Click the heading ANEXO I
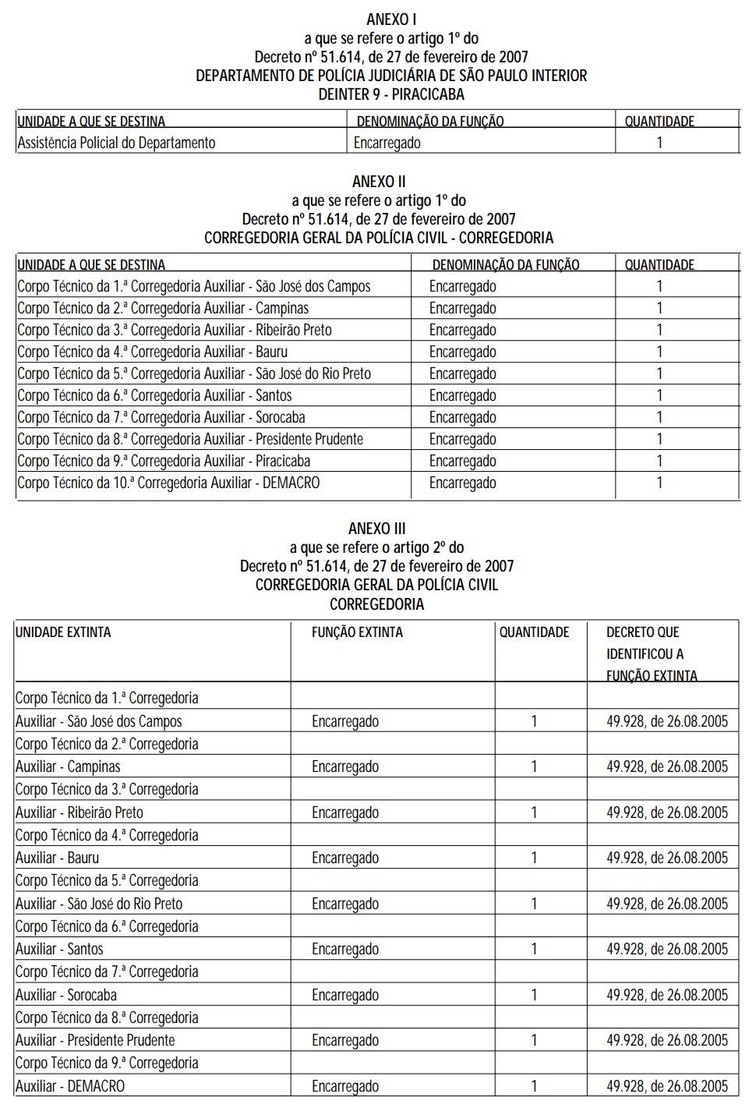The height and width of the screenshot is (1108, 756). pos(391,19)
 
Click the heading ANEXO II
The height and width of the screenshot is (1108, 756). pos(379,182)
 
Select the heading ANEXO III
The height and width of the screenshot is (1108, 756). pos(377,529)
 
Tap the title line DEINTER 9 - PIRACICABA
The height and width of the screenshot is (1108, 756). pos(391,94)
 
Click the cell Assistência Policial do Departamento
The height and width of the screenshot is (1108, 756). pos(116,143)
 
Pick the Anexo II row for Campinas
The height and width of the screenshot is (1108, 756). pos(163,308)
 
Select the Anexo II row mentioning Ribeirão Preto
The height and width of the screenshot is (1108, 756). pos(175,330)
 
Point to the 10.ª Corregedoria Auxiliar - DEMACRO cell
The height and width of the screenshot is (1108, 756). pos(168,483)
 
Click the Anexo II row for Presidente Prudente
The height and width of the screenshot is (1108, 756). pos(190,439)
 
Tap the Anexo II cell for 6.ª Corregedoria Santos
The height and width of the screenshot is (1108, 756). pos(154,395)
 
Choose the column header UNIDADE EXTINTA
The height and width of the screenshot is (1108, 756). pos(63,632)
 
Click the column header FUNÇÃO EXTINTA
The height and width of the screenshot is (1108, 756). pos(357,632)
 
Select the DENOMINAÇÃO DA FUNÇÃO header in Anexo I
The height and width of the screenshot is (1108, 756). pos(430,122)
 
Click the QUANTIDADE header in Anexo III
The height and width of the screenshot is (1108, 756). pos(534,632)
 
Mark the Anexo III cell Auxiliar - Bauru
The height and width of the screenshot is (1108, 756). pos(58,858)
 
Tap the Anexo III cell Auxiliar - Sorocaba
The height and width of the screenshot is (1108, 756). pos(66,995)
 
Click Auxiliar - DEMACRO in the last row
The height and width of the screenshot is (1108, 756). pos(70,1086)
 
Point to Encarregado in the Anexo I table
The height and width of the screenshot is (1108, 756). pos(387,143)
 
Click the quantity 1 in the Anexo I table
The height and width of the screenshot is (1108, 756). pos(659,143)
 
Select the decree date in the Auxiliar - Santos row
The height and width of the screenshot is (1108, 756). pos(667,949)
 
